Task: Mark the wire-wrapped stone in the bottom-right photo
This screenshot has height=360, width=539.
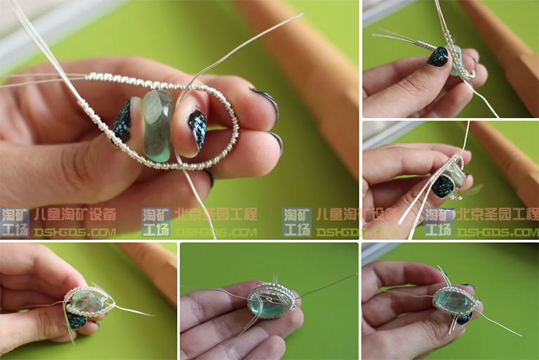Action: click(455, 300)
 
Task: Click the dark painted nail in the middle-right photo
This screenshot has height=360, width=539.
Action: click(442, 186)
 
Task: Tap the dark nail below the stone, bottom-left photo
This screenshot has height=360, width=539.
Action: click(77, 321)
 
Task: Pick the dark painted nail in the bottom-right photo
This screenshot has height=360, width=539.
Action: click(464, 319)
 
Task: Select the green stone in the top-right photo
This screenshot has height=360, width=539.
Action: click(457, 60)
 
